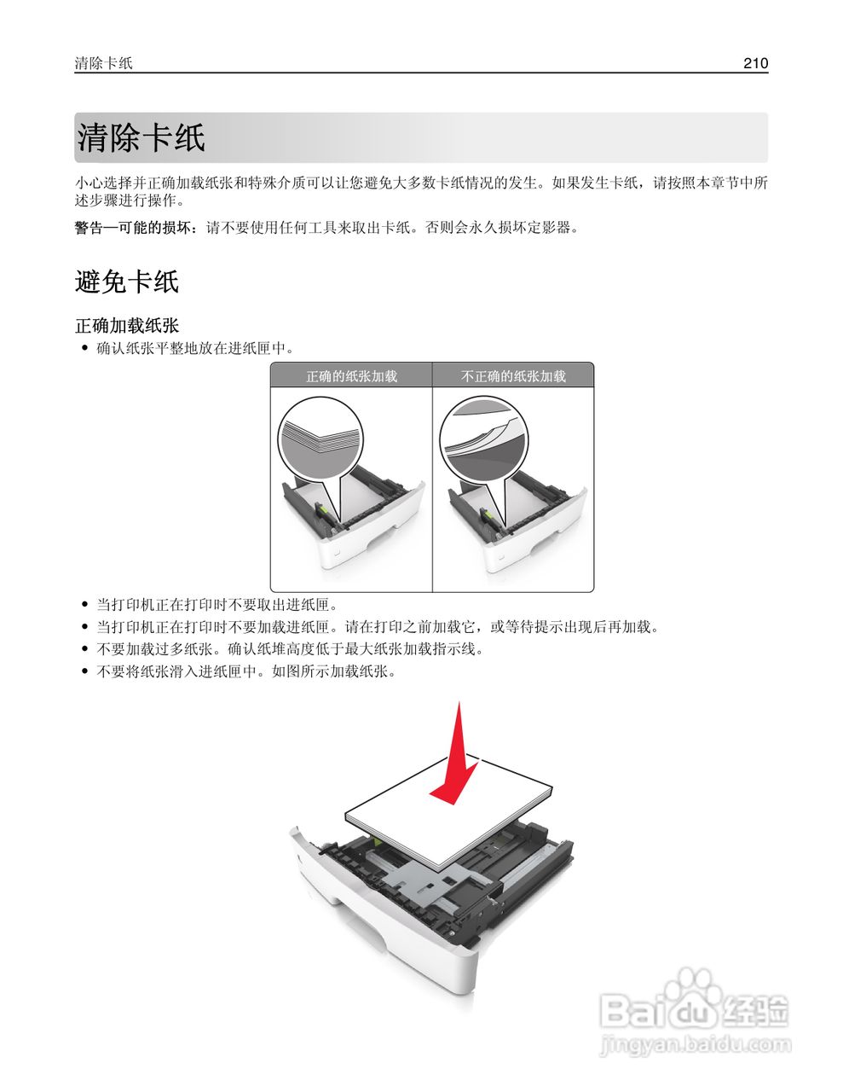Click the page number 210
tap(755, 63)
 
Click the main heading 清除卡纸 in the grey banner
tap(141, 138)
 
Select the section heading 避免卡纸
tap(126, 282)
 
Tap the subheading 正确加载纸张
tap(127, 326)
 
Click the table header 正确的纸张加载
tap(351, 376)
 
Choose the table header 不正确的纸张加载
tap(513, 376)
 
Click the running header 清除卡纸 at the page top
tap(103, 63)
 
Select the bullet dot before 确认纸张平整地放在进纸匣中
tap(84, 348)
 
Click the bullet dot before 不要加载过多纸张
tap(84, 649)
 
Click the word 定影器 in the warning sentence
tap(550, 228)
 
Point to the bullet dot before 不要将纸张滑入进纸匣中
tap(84, 671)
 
